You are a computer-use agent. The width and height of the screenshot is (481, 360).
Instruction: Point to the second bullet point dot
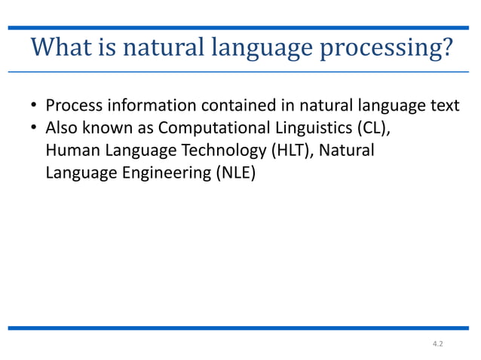click(x=35, y=129)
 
